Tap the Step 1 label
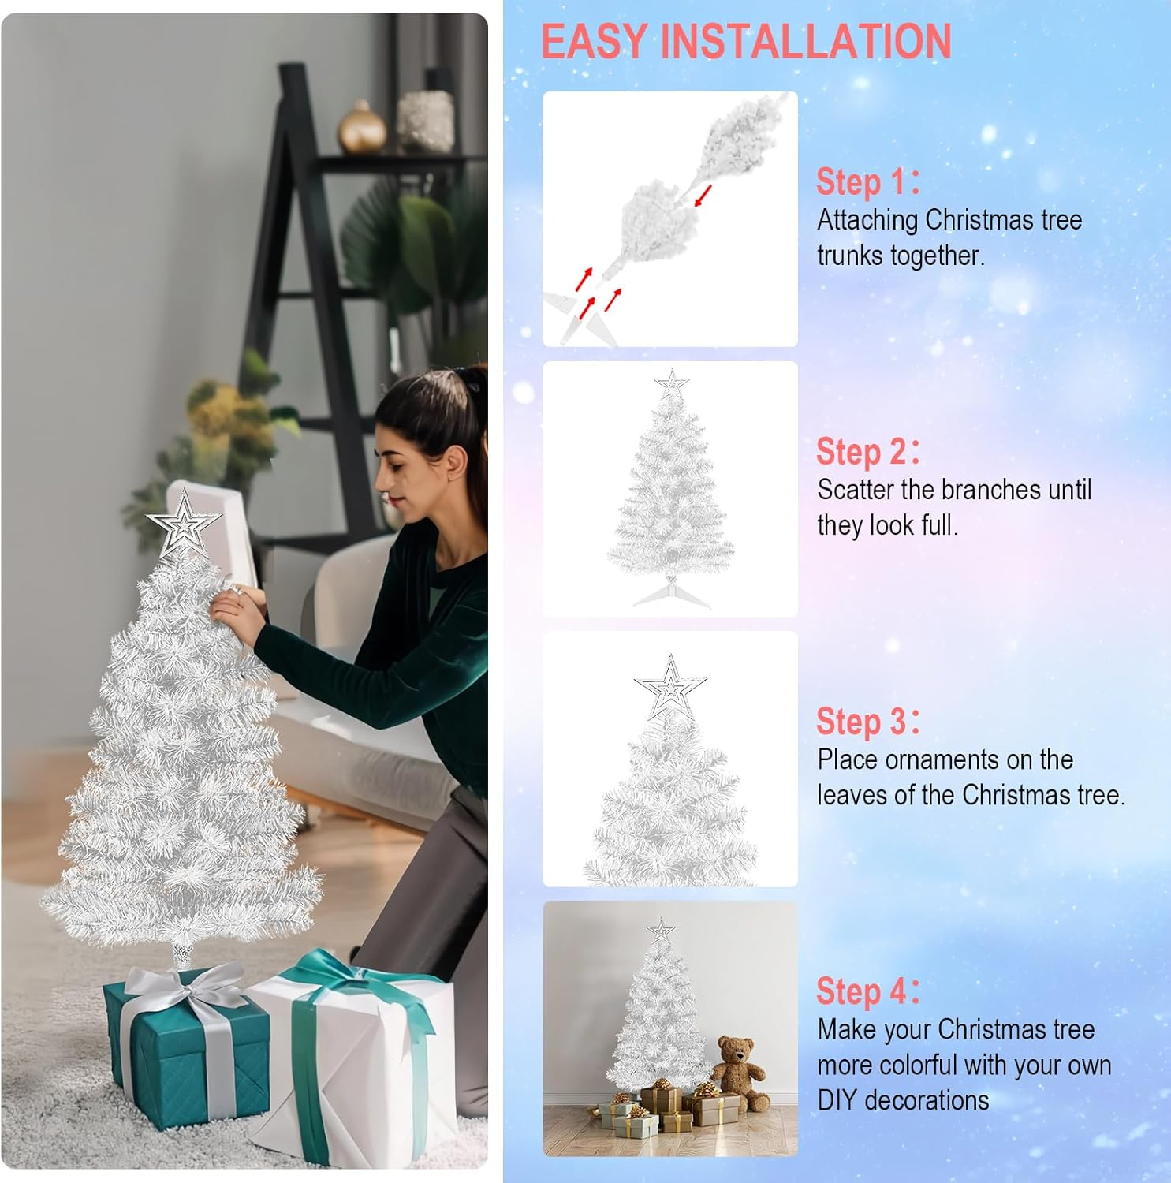point(867,181)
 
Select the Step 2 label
point(867,452)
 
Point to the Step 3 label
point(867,722)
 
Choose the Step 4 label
point(867,991)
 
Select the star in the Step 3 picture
point(670,686)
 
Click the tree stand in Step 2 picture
point(672,593)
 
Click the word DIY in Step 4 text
point(837,1100)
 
